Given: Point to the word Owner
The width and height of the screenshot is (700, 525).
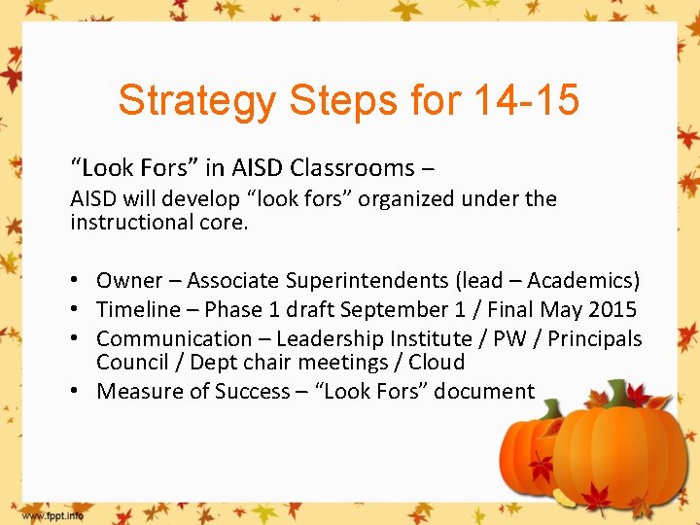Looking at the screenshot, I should pyautogui.click(x=129, y=281).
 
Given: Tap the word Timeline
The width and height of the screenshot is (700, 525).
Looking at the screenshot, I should pyautogui.click(x=138, y=310).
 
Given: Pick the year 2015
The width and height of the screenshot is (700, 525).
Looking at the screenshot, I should pyautogui.click(x=612, y=310).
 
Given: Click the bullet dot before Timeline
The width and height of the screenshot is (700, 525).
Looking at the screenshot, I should pyautogui.click(x=76, y=310).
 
